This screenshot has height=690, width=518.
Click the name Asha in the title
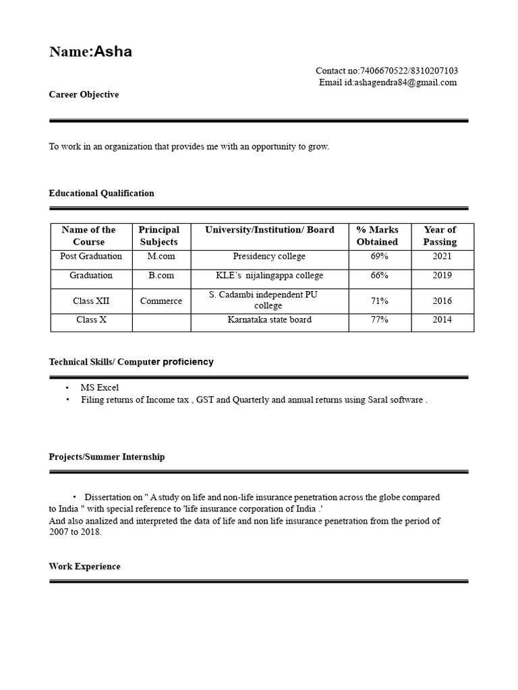113,52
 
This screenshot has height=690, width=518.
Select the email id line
388,83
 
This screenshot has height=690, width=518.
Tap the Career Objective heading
84,95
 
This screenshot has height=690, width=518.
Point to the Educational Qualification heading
101,193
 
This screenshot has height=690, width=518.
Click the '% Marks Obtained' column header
378,236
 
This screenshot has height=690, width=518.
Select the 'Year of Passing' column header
440,236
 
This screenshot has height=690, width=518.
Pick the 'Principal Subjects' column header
159,236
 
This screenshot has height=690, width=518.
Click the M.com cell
161,257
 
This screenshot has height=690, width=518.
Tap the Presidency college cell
269,257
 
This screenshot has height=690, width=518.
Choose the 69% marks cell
379,257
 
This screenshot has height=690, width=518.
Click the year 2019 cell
442,276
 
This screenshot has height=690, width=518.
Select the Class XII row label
91,301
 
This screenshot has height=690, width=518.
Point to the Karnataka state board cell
269,320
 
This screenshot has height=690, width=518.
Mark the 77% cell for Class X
379,320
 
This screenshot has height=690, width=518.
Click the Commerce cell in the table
161,301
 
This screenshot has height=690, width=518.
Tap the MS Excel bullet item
100,387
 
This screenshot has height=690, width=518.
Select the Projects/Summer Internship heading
107,457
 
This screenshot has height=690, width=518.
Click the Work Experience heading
84,567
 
